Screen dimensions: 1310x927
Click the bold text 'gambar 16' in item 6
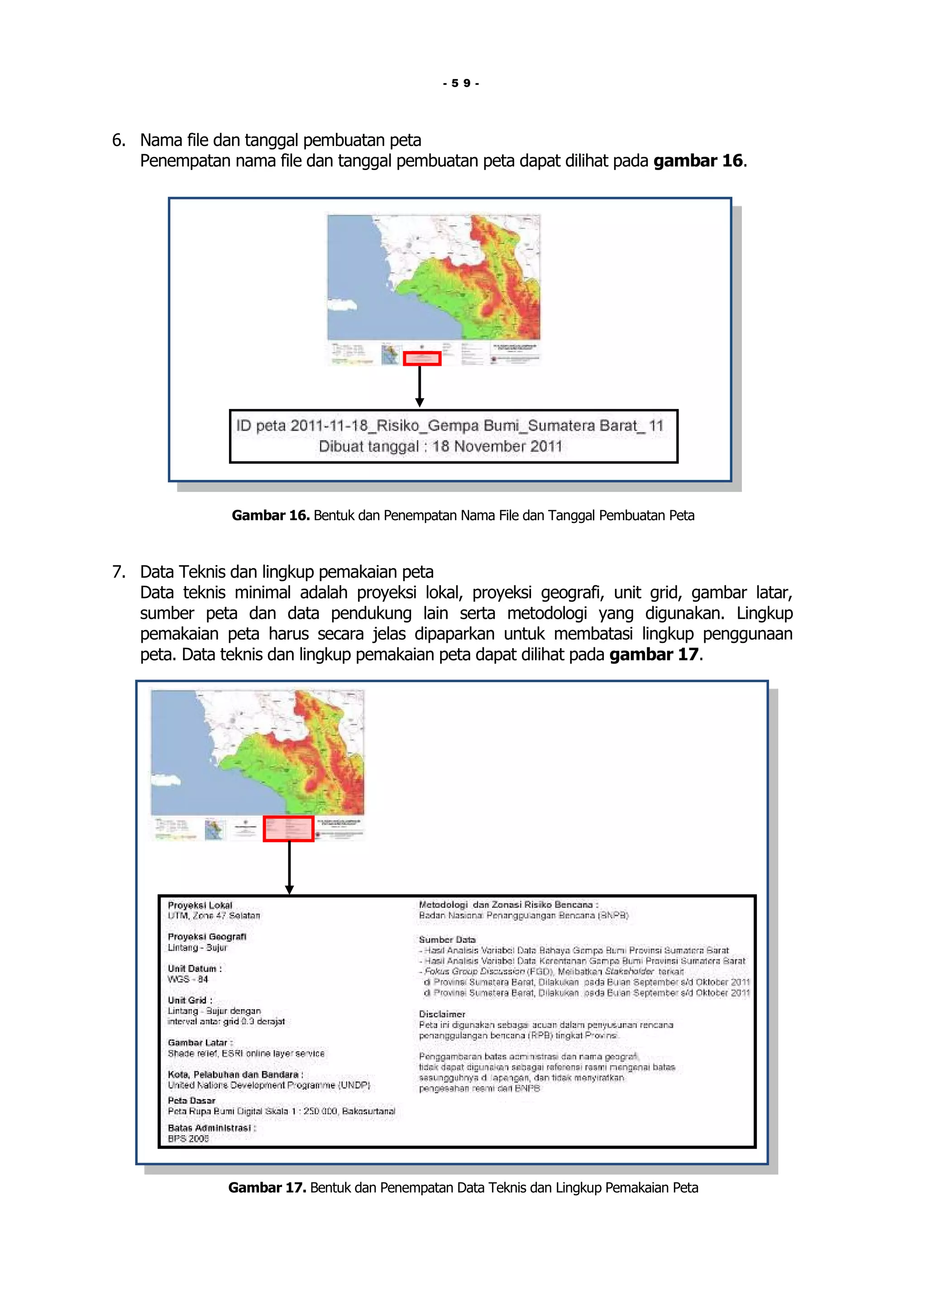(698, 161)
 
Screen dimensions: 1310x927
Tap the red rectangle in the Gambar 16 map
(422, 359)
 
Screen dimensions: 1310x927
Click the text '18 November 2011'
(497, 447)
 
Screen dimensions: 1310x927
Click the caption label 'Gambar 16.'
(270, 516)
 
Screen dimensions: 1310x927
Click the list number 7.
(118, 572)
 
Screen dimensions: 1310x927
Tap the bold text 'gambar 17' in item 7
(654, 655)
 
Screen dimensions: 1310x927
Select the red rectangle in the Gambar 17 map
(288, 828)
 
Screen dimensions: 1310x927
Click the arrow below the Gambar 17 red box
(289, 867)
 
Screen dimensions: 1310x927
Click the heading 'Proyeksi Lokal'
(200, 906)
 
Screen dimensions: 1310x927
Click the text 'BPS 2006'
(188, 1138)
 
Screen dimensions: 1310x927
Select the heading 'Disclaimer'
(442, 1014)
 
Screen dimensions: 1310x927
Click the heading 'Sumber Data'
(447, 939)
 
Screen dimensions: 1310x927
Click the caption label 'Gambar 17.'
(267, 1188)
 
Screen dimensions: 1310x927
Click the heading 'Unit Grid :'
(190, 1000)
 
